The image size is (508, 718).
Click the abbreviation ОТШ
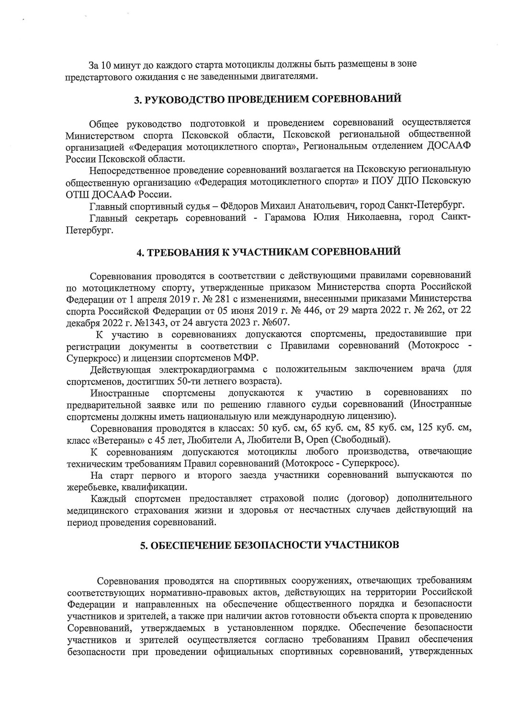point(76,195)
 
